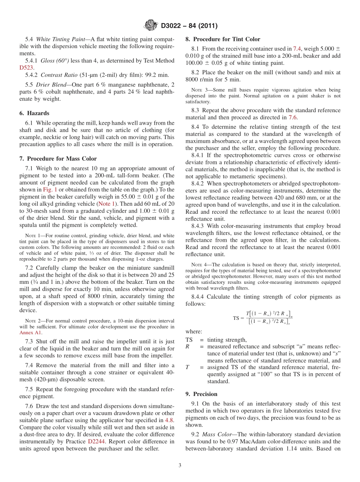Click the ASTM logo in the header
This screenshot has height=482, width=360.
coord(150,26)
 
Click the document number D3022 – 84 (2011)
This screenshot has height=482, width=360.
coord(189,26)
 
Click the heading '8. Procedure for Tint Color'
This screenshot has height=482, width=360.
coord(222,39)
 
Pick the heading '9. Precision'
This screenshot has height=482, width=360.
coord(201,394)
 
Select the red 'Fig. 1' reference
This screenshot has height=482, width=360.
coord(50,189)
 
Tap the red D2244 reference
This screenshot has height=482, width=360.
coord(97,441)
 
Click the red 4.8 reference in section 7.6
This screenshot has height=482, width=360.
coord(169,420)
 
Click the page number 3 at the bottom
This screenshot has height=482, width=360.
coord(180,465)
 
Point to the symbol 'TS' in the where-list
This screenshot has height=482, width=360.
coord(189,340)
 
